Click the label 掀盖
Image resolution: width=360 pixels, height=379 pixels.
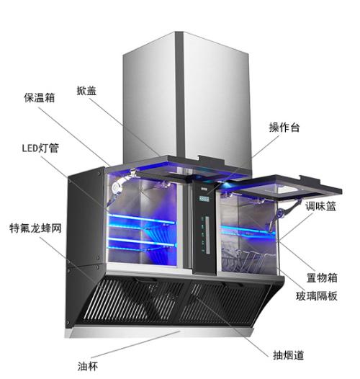pos(86,91)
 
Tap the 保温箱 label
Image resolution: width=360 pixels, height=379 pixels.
pos(40,98)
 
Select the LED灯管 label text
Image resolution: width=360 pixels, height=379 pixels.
pos(40,148)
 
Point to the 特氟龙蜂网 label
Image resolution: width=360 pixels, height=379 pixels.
pos(35,228)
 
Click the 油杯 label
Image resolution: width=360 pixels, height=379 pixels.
pos(88,366)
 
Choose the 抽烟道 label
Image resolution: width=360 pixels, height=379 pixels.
pos(288,355)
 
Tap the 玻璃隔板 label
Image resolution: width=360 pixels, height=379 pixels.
pos(317,296)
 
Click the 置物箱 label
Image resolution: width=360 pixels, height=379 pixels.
pos(322,277)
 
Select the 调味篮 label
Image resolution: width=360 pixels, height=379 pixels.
pos(320,206)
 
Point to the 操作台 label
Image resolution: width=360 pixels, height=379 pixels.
pos(284,128)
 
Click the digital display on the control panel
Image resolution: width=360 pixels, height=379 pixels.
pos(204,199)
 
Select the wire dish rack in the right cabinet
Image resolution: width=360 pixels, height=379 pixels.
pos(246,259)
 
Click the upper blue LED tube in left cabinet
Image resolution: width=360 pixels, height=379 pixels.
pos(142,219)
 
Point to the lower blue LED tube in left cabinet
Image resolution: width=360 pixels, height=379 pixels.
pos(142,241)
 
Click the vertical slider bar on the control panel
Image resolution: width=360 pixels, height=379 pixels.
pos(207,235)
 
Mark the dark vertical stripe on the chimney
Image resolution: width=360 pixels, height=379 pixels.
pos(179,96)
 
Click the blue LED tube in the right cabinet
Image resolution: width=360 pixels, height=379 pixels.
pos(248,229)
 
